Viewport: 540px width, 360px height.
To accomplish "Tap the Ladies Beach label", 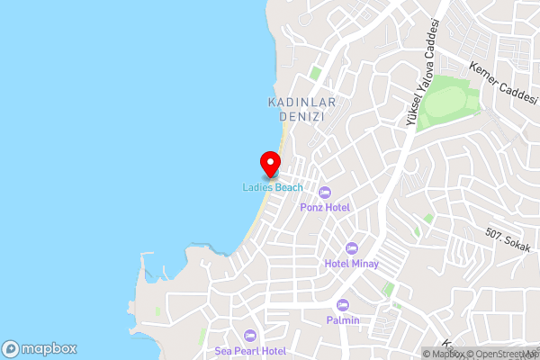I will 272,187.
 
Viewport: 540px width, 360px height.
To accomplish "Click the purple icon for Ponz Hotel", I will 326,192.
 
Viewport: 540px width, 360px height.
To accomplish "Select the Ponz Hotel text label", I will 326,207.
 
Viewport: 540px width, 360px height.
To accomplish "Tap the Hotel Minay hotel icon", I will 352,248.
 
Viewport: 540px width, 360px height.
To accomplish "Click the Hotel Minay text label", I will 352,264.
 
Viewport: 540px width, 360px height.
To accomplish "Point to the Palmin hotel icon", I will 343,305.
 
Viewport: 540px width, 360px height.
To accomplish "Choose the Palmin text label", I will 343,320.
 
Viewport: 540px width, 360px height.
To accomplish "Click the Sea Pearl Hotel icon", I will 250,335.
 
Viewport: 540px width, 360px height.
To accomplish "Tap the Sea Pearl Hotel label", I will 250,350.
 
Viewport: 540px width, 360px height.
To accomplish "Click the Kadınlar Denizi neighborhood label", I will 302,110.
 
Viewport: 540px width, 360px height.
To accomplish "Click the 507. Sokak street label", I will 506,241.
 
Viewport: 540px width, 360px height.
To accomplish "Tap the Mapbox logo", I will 40,349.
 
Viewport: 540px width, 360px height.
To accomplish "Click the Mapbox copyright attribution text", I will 447,354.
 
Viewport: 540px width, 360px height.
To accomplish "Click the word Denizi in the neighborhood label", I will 302,117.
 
